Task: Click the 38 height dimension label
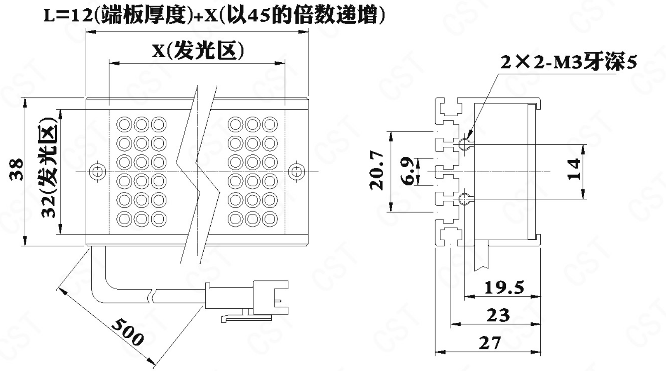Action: pos(17,170)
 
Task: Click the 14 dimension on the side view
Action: pos(574,169)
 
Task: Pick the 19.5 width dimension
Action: pos(504,287)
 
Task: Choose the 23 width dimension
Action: pos(498,315)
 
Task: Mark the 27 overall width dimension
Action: pos(490,343)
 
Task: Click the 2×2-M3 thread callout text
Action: pos(568,62)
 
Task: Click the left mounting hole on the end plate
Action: pos(98,171)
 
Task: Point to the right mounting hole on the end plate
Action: pos(296,171)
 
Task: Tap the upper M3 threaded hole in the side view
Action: pos(464,144)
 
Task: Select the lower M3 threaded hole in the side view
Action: pos(464,199)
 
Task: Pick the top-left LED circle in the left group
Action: pos(124,124)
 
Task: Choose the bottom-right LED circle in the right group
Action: pos(270,218)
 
